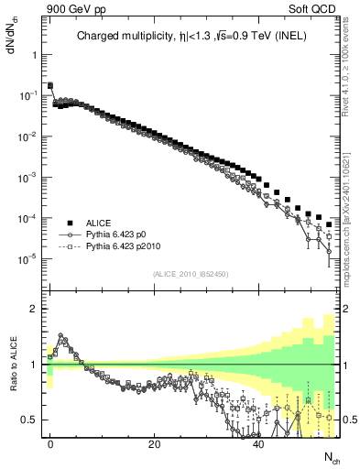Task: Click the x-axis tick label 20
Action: pos(155,442)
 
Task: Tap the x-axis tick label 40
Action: pos(258,442)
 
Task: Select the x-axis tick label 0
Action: pos(50,442)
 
